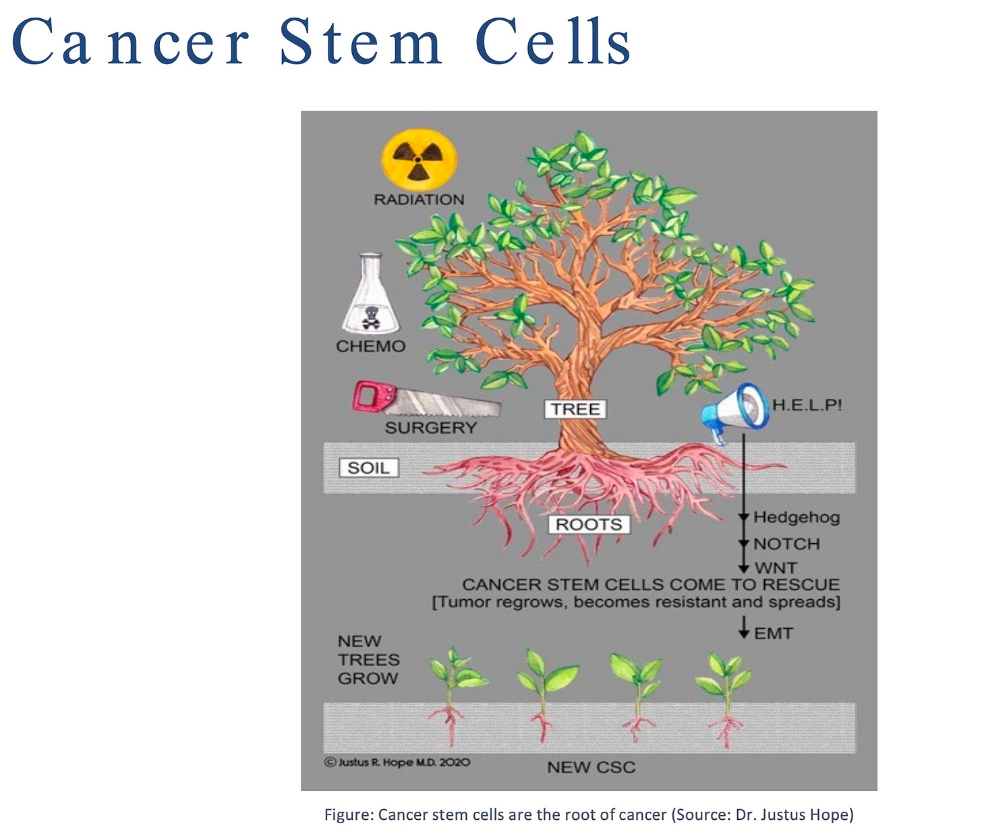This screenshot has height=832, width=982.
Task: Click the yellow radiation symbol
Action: pos(419,160)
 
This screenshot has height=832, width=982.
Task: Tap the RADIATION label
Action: pos(419,200)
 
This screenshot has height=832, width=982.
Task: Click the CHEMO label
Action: pos(370,346)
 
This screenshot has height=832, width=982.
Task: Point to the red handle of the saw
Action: pos(370,396)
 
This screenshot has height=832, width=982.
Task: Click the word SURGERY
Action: pos(430,428)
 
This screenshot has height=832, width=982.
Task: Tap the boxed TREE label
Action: pos(575,409)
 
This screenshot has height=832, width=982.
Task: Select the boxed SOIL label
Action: pos(368,468)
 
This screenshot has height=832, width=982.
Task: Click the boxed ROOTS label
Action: pos(588,524)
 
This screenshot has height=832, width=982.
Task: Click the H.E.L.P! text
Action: pos(807,405)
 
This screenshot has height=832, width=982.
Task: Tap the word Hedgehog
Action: pos(796,518)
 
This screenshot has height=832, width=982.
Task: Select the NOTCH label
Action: pos(786,544)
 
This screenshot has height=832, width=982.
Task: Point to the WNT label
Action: pos(776,567)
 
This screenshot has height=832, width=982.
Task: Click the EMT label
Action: pos(773,633)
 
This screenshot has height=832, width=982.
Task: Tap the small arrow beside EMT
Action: pos(743,628)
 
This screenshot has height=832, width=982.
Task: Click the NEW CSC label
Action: pos(591,767)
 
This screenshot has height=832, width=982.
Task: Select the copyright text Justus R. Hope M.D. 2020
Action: pos(397,762)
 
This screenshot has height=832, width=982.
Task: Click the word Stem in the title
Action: pos(361,43)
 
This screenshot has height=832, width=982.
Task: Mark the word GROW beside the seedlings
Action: pos(368,678)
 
